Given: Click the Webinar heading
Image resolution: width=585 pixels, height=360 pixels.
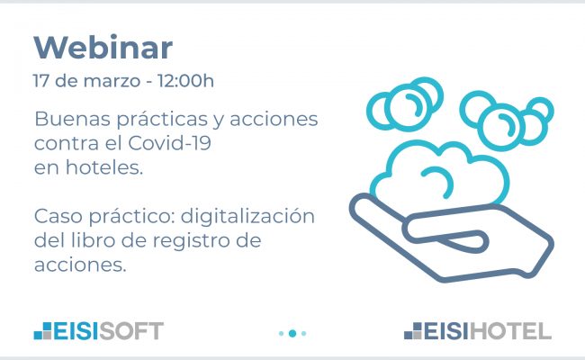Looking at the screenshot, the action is pos(103,48).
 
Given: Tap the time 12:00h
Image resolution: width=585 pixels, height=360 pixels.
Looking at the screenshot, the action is pos(185,81).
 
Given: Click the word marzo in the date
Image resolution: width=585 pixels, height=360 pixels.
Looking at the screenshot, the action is pos(112,81).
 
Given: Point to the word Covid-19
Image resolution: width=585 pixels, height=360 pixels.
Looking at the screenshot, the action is pos(169,143).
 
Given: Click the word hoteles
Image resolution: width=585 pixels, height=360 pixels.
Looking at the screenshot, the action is pos(104,167).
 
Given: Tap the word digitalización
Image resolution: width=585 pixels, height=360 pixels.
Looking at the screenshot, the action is pos(247,216).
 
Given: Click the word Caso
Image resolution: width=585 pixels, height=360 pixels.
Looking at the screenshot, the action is pos(58,216).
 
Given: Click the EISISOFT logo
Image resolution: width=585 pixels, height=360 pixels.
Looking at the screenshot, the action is pos(99,331).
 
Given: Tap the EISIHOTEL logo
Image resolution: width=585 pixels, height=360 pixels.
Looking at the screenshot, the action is pos(478,331).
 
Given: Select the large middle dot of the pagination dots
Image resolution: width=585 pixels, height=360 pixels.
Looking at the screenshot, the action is pos(292,333).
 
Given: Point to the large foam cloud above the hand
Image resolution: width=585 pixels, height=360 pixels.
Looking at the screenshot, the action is pos(440,175).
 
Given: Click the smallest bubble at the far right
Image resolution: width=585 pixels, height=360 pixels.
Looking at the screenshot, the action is pos(541,111).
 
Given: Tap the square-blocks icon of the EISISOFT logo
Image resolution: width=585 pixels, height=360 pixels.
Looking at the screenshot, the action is pos(42,331).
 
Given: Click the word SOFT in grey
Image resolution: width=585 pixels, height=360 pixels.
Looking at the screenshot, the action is pos(131,331).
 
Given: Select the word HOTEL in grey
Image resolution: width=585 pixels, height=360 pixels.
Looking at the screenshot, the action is pos(510,331).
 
